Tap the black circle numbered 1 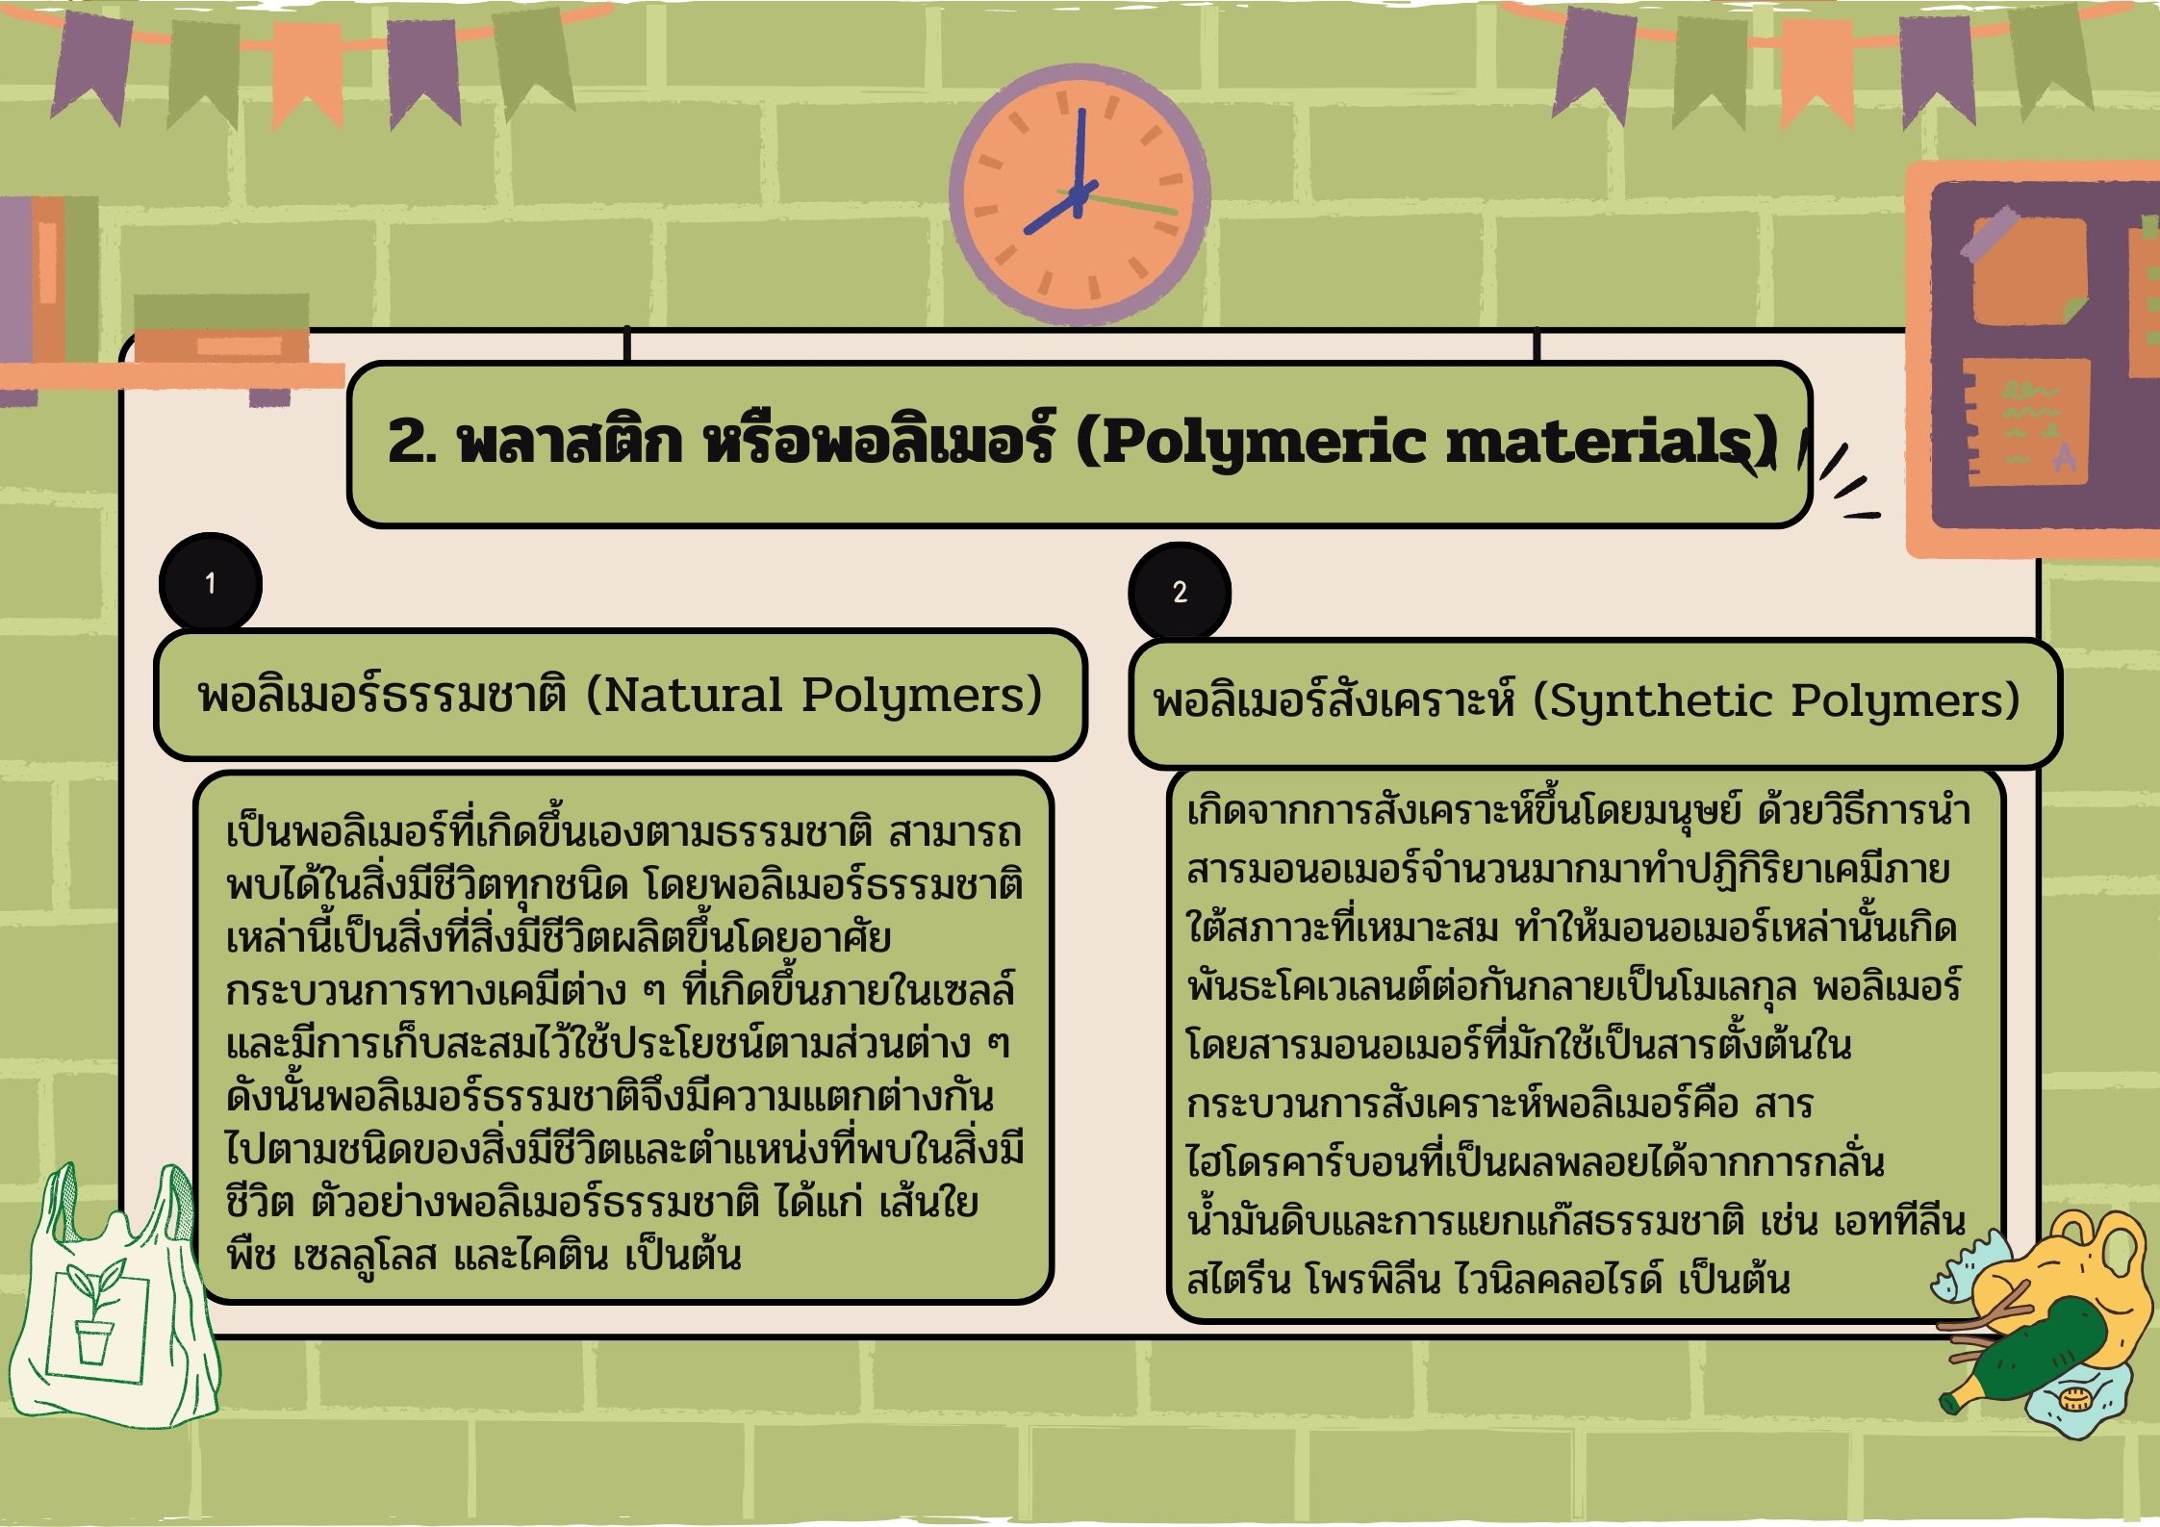pyautogui.click(x=210, y=583)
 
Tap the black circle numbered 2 pyautogui.click(x=1180, y=592)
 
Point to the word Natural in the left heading pyautogui.click(x=695, y=695)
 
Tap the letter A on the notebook pyautogui.click(x=2063, y=459)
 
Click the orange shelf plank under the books pyautogui.click(x=173, y=375)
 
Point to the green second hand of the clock pyautogui.click(x=1126, y=203)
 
